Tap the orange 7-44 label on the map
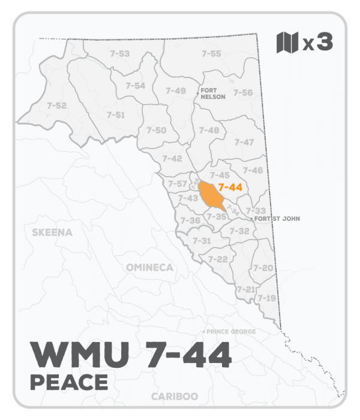click(230, 187)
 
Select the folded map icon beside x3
click(287, 43)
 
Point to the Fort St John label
click(277, 219)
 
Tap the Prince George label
click(232, 332)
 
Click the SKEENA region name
click(52, 232)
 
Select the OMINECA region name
click(149, 267)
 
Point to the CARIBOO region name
click(175, 397)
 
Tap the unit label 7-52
click(56, 106)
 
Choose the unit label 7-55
click(211, 53)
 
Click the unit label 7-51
click(116, 115)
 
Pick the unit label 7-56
click(242, 92)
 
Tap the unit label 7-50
click(156, 130)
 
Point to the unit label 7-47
click(244, 142)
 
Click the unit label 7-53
click(120, 53)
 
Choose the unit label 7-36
click(191, 221)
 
